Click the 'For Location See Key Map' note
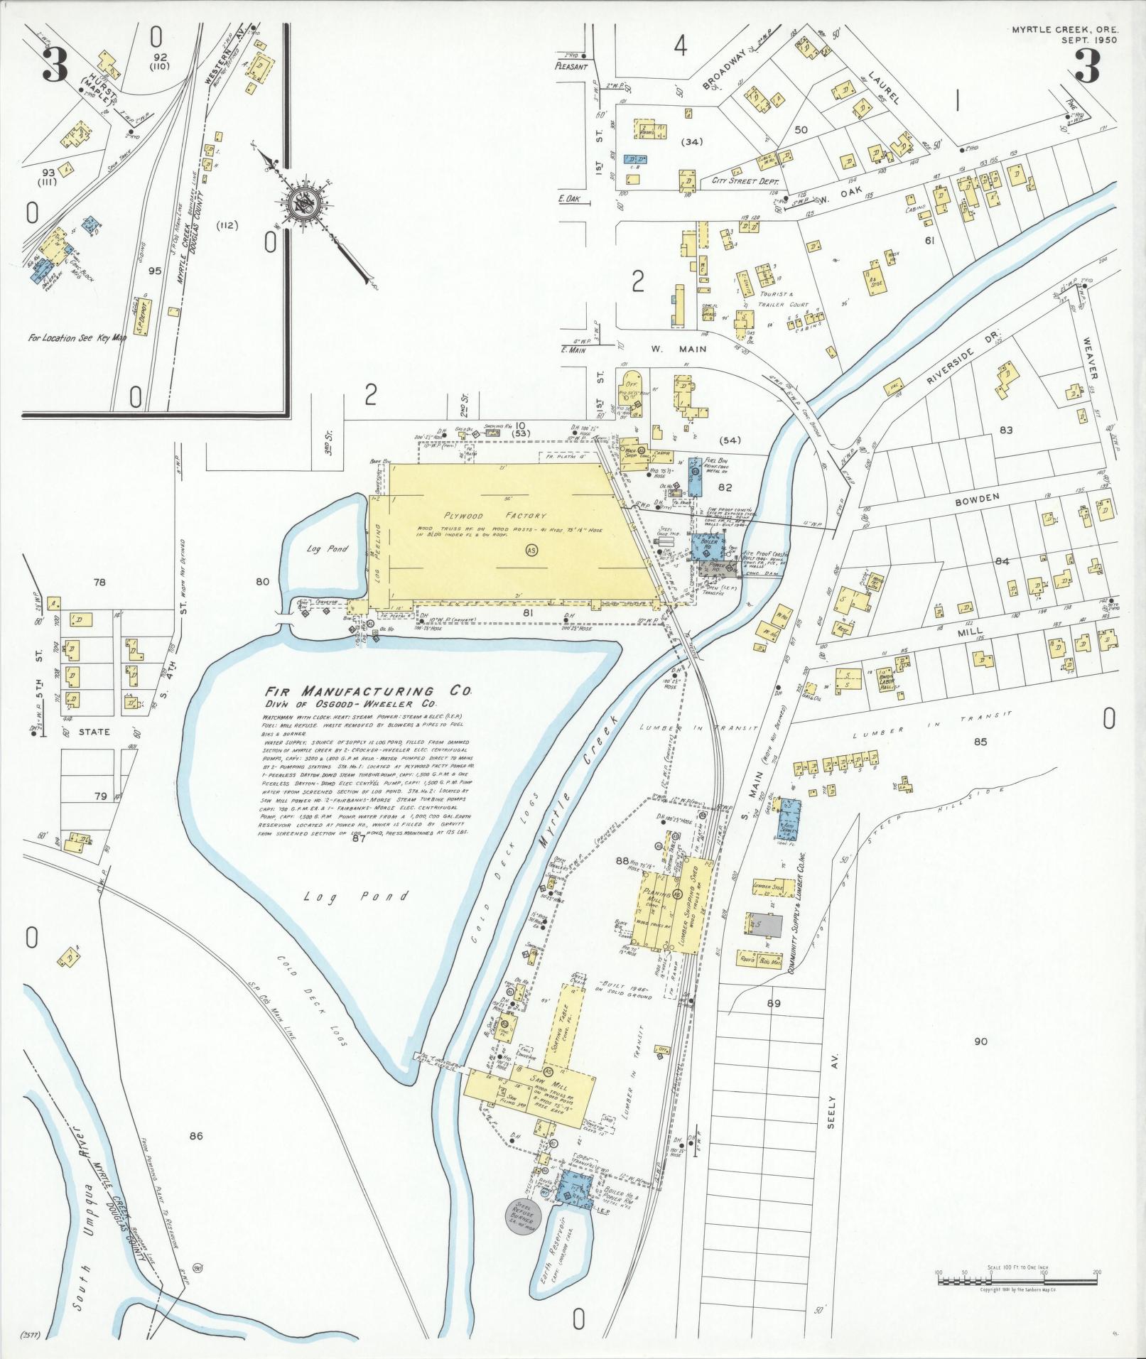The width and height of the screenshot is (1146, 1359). point(77,338)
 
